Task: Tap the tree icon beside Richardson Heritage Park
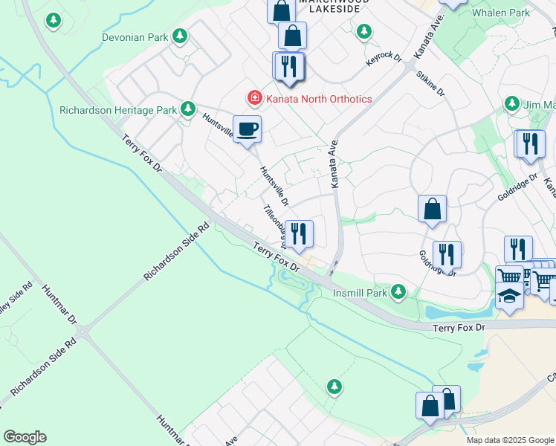189,110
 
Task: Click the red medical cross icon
254,98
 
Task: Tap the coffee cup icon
247,129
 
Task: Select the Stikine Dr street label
430,84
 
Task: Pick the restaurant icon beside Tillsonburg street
300,234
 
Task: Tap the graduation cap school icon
509,296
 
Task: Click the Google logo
25,436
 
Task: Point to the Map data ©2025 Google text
510,440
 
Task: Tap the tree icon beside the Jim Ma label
512,103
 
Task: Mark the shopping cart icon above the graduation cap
509,277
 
